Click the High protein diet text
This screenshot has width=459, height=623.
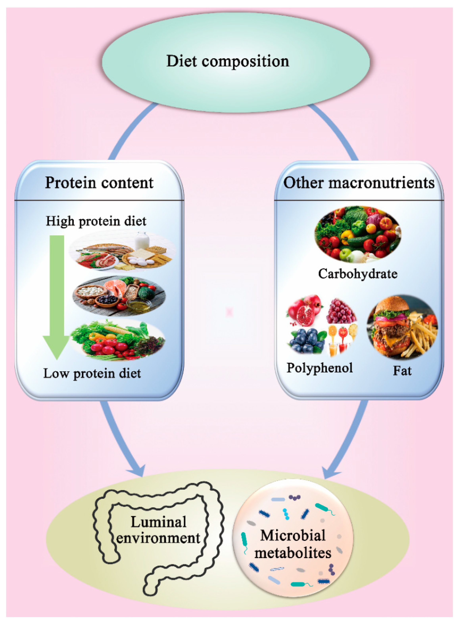pos(96,221)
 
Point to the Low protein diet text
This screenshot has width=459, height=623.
pos(92,373)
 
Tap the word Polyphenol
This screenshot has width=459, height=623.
pos(320,368)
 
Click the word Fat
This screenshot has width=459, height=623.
pos(402,371)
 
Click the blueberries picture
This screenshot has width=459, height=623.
pos(307,341)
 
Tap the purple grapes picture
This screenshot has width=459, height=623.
pos(341,311)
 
